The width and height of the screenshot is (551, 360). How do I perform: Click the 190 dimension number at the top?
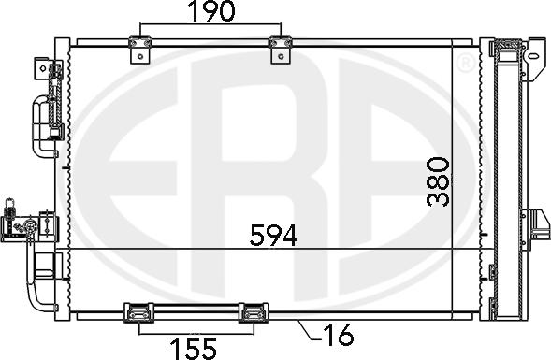(210, 11)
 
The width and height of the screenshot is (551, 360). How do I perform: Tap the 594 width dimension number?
(273, 235)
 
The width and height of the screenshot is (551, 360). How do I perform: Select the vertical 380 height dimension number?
(439, 181)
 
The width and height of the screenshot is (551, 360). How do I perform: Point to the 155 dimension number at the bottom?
(194, 349)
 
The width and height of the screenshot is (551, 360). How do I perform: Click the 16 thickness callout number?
(338, 335)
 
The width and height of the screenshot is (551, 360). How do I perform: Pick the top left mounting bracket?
(140, 50)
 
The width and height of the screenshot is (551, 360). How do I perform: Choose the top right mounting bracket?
(281, 50)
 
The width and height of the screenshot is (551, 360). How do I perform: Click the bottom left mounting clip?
(138, 312)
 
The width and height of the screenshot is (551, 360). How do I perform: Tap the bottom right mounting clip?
(254, 312)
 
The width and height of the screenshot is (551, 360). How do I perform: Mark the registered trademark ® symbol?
(466, 63)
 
